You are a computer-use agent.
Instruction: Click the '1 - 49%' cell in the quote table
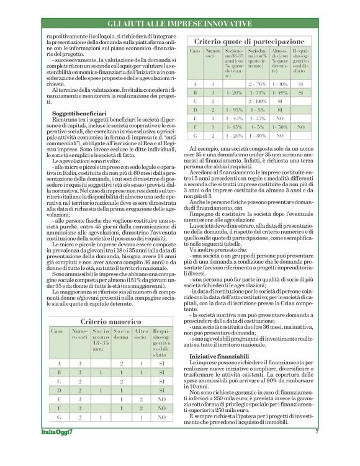(279, 92)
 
